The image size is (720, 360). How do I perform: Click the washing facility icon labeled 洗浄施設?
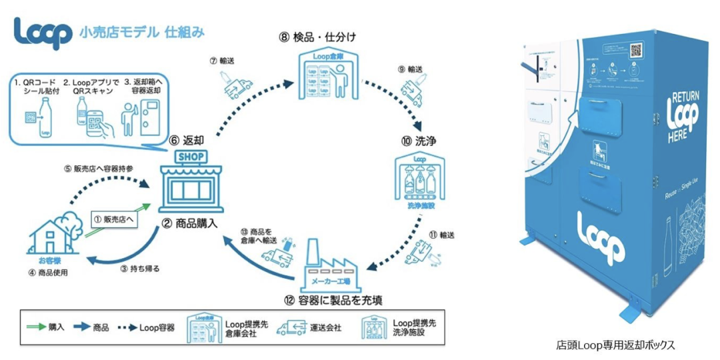[419, 183]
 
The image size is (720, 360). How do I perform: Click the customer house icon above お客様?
[53, 234]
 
